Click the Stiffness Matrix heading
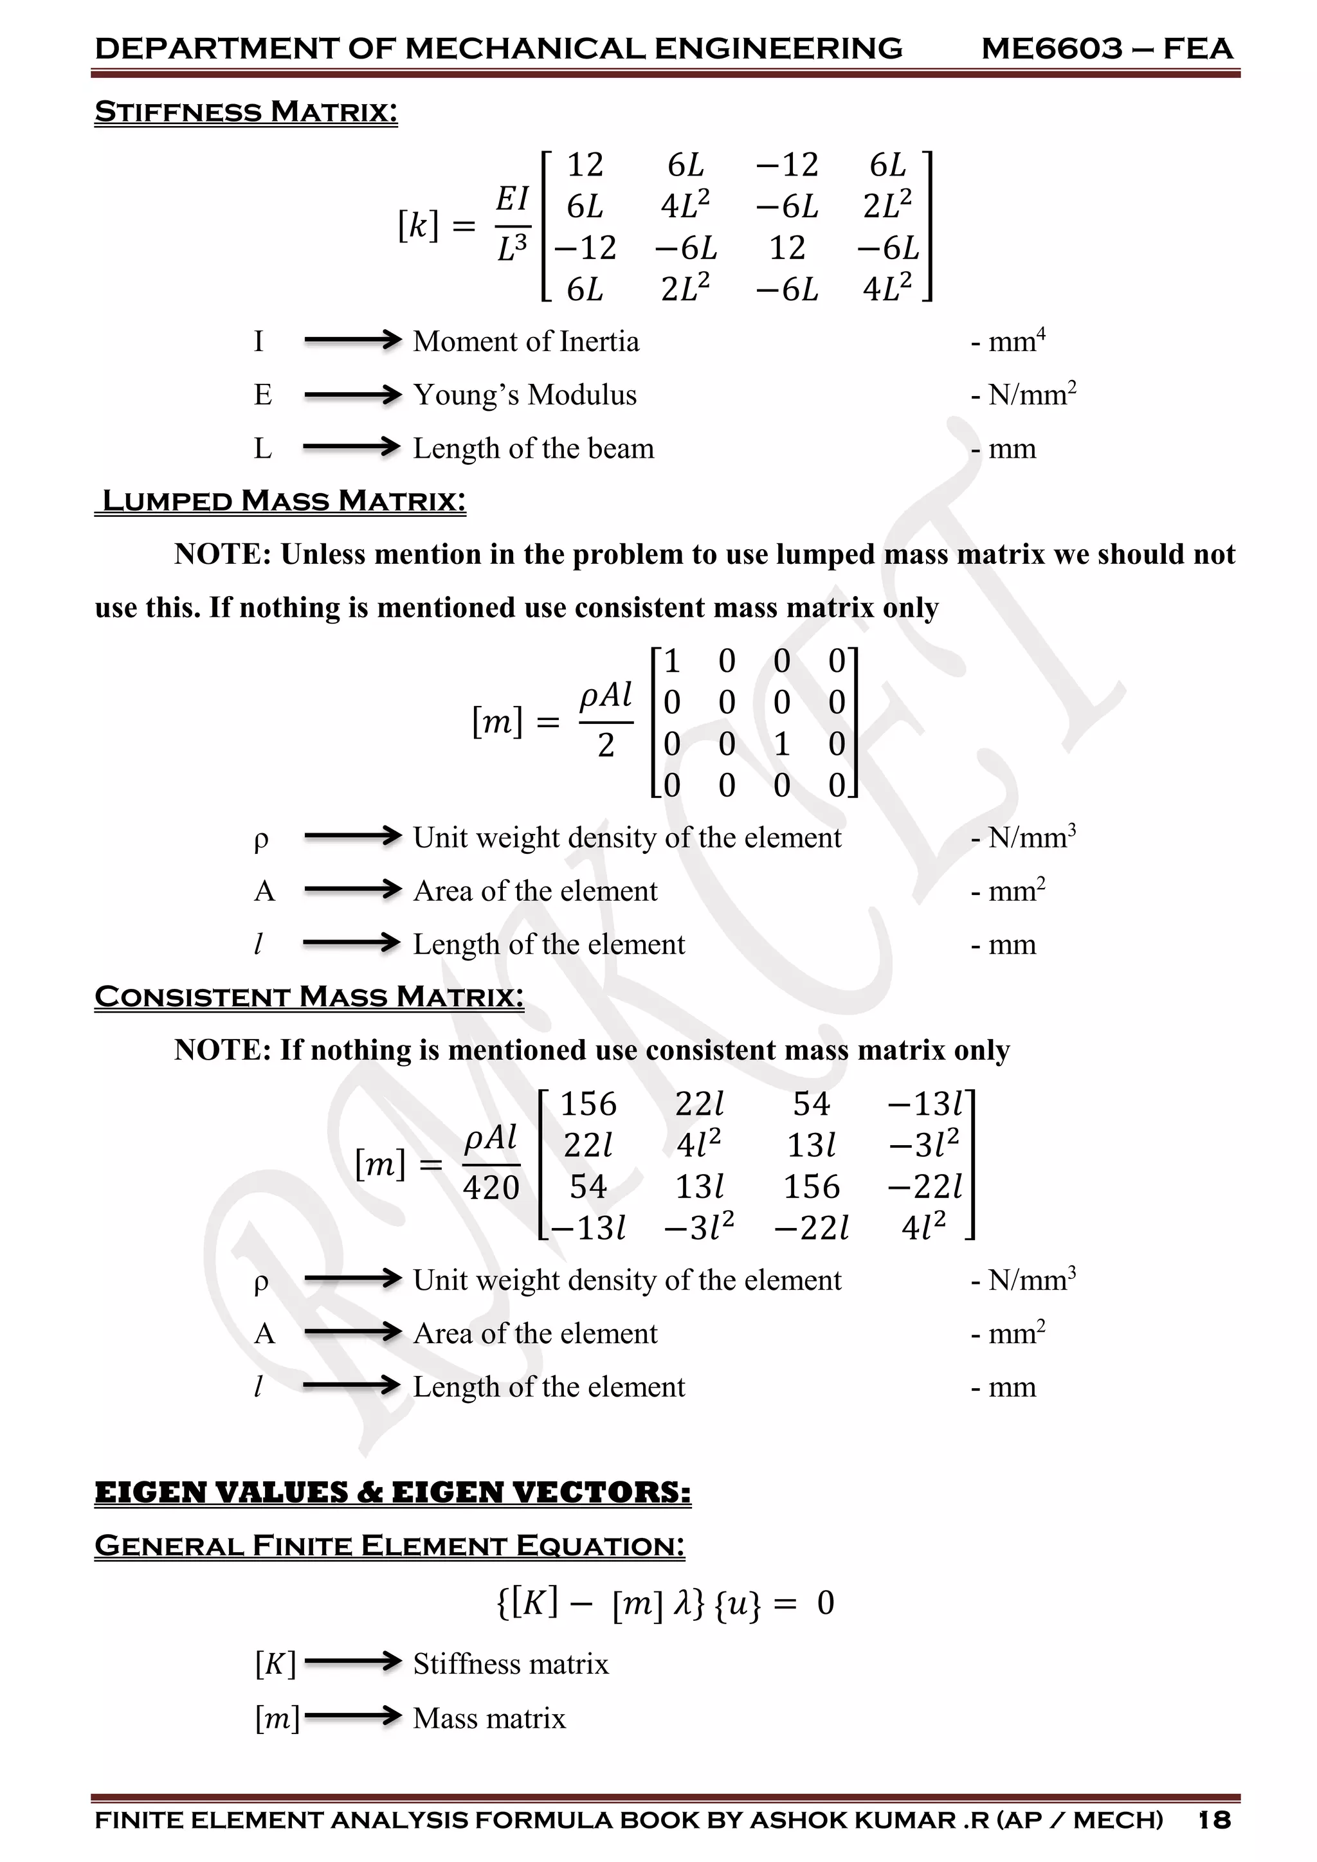pyautogui.click(x=246, y=112)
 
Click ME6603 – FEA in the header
pyautogui.click(x=1106, y=49)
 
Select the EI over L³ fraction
pyautogui.click(x=513, y=224)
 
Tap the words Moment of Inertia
pyautogui.click(x=525, y=341)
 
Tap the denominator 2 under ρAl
pyautogui.click(x=606, y=745)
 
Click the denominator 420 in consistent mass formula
pyautogui.click(x=491, y=1188)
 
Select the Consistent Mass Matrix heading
pyautogui.click(x=309, y=996)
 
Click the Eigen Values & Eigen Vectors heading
pyautogui.click(x=392, y=1492)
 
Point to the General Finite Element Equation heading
pyautogui.click(x=389, y=1546)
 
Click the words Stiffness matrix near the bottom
pyautogui.click(x=510, y=1663)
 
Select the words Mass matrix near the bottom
pyautogui.click(x=489, y=1717)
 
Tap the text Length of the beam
pyautogui.click(x=533, y=449)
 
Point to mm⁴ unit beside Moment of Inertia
pyautogui.click(x=1015, y=341)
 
